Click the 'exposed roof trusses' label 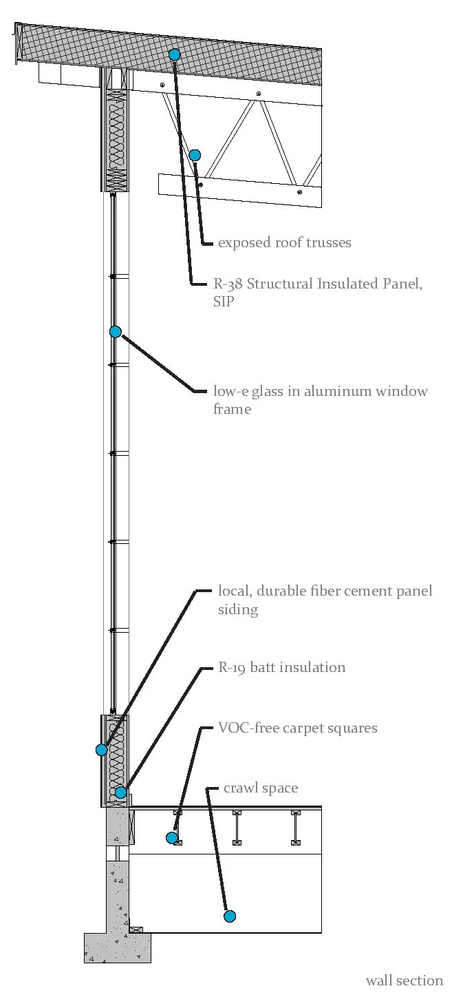[x=284, y=243]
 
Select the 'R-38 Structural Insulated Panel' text [x=317, y=284]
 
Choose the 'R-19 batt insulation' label [x=281, y=667]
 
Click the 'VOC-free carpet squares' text [x=297, y=728]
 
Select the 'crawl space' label [x=261, y=788]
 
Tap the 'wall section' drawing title [x=405, y=980]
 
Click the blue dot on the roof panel [x=175, y=54]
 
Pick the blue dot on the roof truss [x=195, y=155]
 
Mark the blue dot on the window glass [x=116, y=332]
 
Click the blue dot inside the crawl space [x=230, y=916]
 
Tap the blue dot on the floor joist [x=172, y=837]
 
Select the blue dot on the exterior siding [x=102, y=750]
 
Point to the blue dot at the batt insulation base [x=121, y=793]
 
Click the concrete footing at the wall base [x=117, y=947]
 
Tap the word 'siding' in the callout [x=238, y=609]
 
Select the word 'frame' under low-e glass [x=233, y=410]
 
